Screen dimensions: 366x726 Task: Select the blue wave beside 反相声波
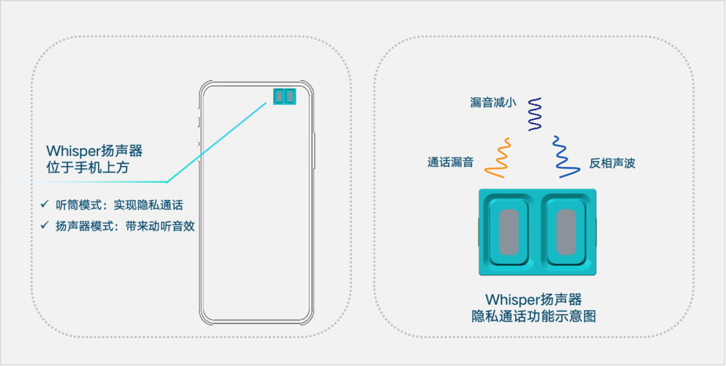[564, 157]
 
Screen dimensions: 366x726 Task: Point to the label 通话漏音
[450, 162]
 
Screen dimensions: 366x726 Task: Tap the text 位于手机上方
[87, 168]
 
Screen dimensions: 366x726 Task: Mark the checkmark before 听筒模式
[44, 204]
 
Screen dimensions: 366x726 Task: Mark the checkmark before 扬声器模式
[44, 226]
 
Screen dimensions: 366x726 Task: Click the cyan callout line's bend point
[167, 182]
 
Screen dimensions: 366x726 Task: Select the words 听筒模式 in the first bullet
[75, 205]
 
